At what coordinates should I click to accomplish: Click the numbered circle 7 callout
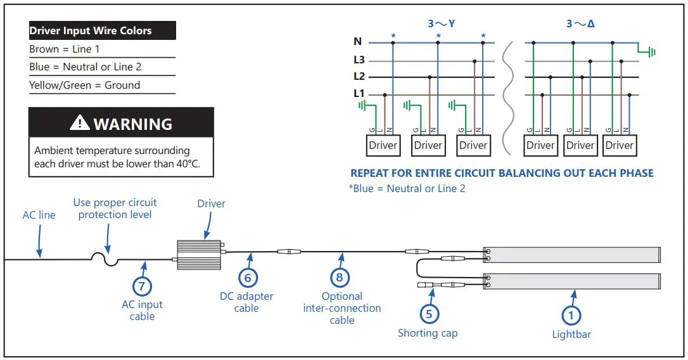[x=141, y=286]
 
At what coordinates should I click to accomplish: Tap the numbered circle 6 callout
[x=248, y=277]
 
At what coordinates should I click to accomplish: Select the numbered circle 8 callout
[x=340, y=277]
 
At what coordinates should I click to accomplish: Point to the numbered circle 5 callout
[x=430, y=313]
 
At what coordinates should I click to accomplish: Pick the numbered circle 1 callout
[x=571, y=315]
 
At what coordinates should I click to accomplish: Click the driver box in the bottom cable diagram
[x=198, y=253]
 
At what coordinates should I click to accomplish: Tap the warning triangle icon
[x=80, y=123]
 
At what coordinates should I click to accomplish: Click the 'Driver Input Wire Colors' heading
[x=91, y=30]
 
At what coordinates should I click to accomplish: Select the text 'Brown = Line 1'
[x=65, y=49]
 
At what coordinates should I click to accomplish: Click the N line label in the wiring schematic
[x=358, y=42]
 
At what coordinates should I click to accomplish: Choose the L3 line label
[x=359, y=60]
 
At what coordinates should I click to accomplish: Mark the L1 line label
[x=359, y=94]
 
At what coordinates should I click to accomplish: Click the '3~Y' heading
[x=442, y=24]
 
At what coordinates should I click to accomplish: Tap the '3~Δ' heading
[x=580, y=24]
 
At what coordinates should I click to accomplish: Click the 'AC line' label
[x=39, y=215]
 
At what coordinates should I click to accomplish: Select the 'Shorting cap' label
[x=428, y=333]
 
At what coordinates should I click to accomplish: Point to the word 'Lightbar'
[x=571, y=334]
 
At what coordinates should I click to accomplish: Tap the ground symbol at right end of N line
[x=647, y=51]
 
